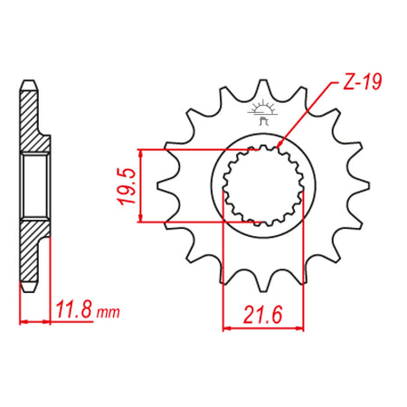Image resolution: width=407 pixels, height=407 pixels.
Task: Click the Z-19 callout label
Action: pyautogui.click(x=363, y=81)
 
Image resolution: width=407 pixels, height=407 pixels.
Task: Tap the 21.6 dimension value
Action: pyautogui.click(x=262, y=315)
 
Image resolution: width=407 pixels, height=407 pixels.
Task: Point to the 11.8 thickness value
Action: pyautogui.click(x=74, y=309)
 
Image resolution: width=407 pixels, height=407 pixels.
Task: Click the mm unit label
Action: pyautogui.click(x=108, y=313)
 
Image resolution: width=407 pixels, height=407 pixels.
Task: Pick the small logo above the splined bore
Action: pyautogui.click(x=262, y=112)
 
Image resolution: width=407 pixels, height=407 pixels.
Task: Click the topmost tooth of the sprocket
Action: pyautogui.click(x=263, y=88)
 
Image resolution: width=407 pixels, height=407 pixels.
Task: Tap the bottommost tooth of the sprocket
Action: pyautogui.click(x=263, y=283)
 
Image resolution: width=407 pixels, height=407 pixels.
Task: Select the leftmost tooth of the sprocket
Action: pyautogui.click(x=166, y=185)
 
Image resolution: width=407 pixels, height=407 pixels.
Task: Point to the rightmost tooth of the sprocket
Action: pyautogui.click(x=360, y=185)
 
